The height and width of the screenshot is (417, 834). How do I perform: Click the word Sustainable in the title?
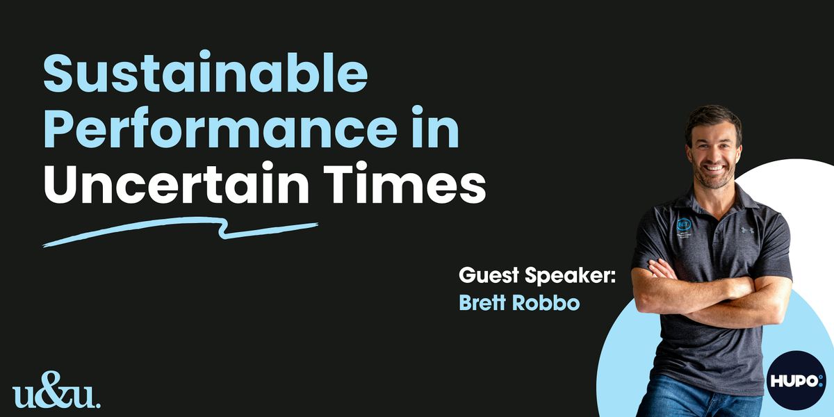(x=206, y=72)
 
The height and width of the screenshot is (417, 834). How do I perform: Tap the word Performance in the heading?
(x=220, y=128)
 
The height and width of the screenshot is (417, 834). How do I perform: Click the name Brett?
(x=482, y=302)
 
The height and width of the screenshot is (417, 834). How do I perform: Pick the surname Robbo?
(x=546, y=302)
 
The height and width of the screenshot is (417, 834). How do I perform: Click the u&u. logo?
(x=56, y=389)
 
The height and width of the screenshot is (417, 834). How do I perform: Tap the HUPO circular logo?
(x=796, y=381)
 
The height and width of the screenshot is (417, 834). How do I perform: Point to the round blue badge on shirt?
(x=684, y=224)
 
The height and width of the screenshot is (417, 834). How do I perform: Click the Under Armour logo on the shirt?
(x=747, y=230)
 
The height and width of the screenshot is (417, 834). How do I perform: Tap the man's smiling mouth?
(x=713, y=168)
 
